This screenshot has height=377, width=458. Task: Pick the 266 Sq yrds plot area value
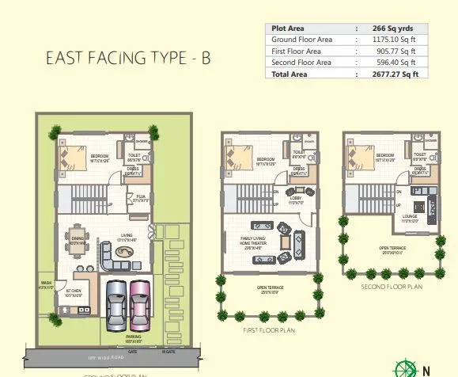[x=393, y=26]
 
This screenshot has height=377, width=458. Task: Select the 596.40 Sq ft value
[x=392, y=62]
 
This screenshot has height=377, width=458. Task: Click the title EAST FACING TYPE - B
[x=128, y=58]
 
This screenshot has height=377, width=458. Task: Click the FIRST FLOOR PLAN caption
[x=270, y=329]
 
